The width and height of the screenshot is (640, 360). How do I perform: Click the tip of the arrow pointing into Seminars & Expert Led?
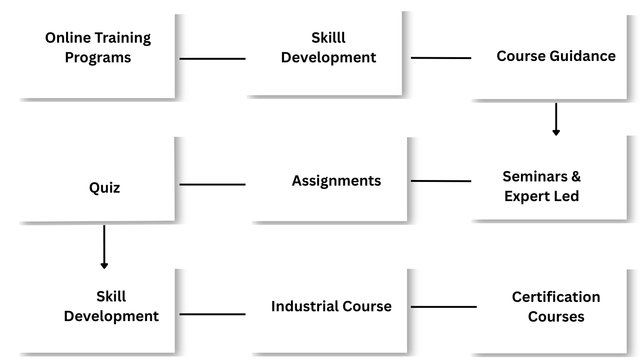(556, 135)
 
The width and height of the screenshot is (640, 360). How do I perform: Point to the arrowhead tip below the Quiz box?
(104, 269)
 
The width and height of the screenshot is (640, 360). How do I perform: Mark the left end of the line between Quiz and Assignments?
(180, 184)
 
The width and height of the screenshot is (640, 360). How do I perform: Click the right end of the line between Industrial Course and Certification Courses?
(476, 307)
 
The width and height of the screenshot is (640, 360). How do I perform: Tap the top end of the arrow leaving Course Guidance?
(556, 104)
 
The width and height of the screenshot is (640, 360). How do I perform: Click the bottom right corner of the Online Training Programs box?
(175, 98)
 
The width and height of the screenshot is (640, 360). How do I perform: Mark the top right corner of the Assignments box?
(407, 137)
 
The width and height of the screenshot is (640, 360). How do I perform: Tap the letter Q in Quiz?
(94, 188)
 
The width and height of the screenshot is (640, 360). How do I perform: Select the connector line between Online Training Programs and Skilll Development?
(213, 59)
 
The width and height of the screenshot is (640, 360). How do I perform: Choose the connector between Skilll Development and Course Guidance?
(441, 58)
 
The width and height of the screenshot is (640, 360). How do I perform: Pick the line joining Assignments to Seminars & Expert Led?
(441, 181)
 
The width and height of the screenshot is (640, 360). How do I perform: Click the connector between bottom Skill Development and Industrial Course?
(213, 314)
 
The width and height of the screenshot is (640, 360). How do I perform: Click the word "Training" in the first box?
(123, 38)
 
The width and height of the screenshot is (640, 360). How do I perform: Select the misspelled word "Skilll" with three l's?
(328, 38)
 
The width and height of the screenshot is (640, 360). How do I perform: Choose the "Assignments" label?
(336, 181)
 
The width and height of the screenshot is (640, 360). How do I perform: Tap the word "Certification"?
(556, 297)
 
